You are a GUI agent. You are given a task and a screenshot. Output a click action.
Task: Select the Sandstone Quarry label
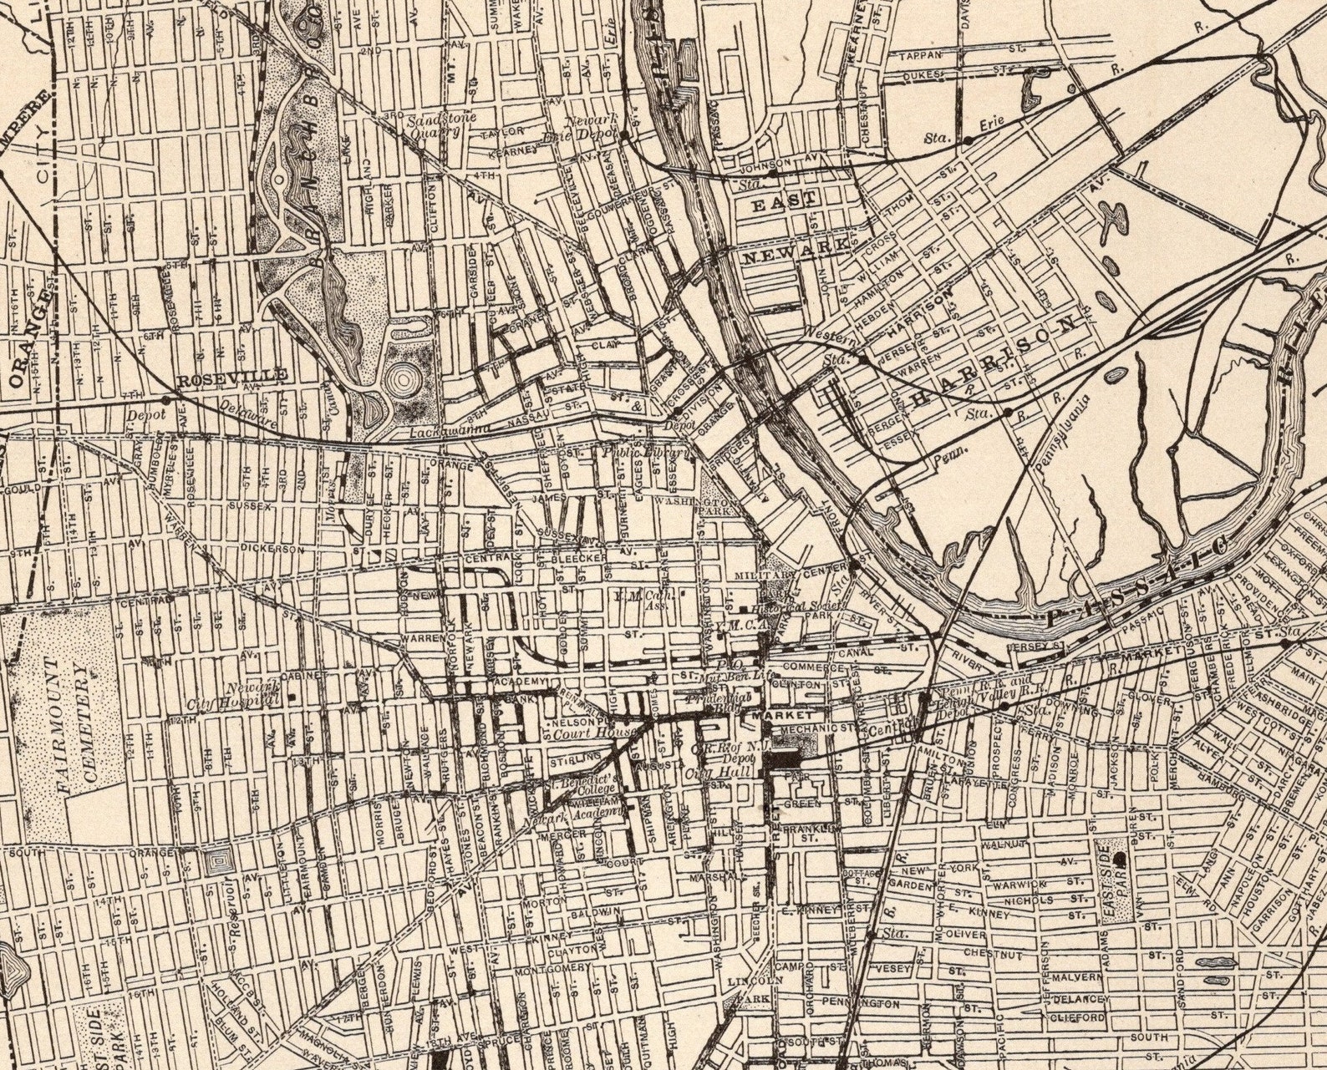point(440,124)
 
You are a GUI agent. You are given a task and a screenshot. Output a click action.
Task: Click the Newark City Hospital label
point(247,696)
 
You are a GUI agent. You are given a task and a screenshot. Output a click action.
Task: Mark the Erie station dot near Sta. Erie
point(968,141)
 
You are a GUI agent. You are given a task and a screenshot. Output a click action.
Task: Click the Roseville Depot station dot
point(165,401)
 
